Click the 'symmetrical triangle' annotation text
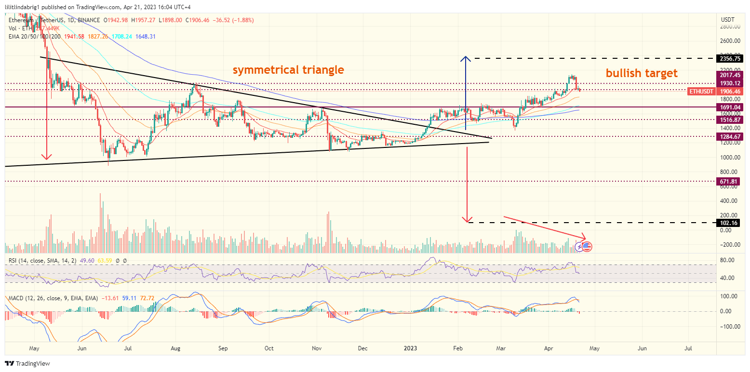[x=288, y=70]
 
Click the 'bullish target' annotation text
[x=642, y=73]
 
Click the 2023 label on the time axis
[x=410, y=348]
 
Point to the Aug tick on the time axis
[x=175, y=348]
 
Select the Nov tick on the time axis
[x=317, y=348]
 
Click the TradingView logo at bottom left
[x=27, y=364]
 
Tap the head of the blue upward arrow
[x=465, y=58]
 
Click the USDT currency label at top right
[x=727, y=19]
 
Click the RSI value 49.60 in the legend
[x=85, y=261]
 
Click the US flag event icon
[x=587, y=247]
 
